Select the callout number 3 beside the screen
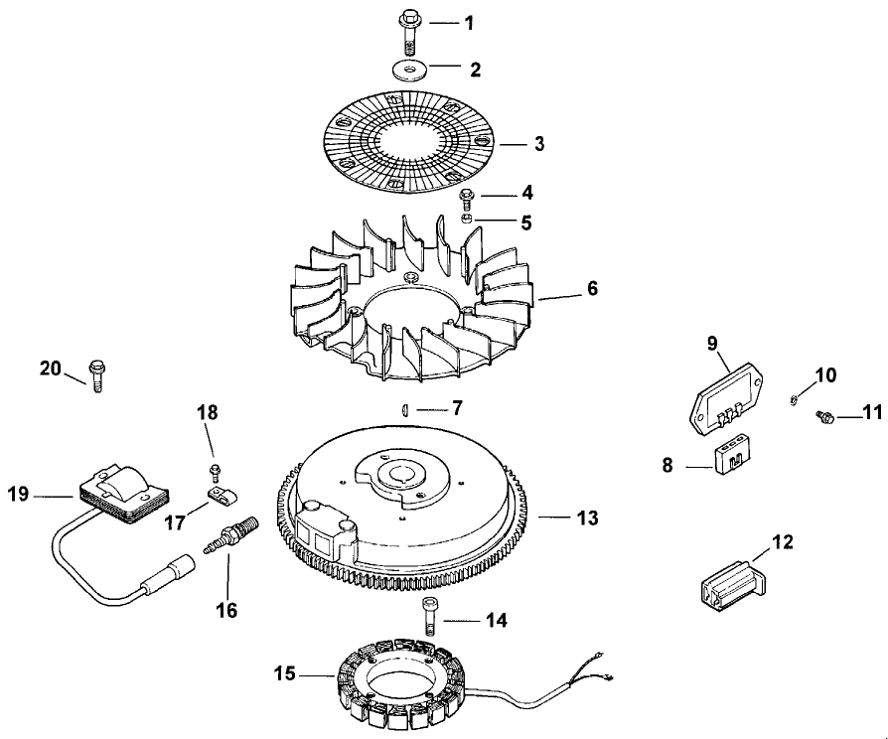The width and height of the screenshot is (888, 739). pyautogui.click(x=539, y=143)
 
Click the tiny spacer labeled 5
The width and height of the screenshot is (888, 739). pyautogui.click(x=467, y=219)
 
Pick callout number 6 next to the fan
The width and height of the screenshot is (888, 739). pyautogui.click(x=592, y=289)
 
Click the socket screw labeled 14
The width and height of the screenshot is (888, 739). pyautogui.click(x=428, y=616)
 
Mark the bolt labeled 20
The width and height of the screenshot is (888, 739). pyautogui.click(x=96, y=374)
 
